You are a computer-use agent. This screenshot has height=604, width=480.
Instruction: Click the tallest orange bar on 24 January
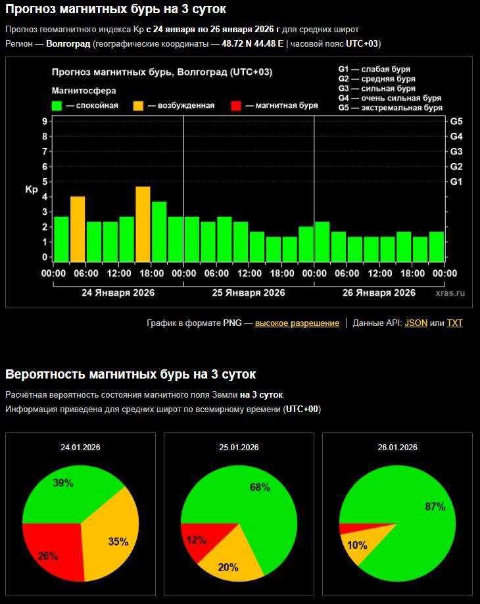pos(143,223)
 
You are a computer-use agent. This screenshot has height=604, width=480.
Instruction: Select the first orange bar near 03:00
pos(78,229)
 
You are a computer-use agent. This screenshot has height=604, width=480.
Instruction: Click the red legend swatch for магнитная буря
pos(237,105)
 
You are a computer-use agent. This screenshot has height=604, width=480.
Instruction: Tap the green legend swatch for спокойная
pos(57,105)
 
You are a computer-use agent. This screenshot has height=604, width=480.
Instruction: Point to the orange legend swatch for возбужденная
pos(139,105)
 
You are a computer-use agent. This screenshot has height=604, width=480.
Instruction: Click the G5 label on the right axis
pos(456,122)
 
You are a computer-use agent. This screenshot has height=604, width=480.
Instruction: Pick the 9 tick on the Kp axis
pos(44,122)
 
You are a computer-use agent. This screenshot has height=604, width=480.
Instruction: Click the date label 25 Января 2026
pos(249,292)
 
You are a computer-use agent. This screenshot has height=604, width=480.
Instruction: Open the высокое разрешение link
pos(297,323)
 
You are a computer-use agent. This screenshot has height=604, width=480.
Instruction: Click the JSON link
pos(416,323)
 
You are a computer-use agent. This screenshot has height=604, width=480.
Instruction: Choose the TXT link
pos(455,323)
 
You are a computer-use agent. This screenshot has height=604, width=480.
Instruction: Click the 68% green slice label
pos(260,487)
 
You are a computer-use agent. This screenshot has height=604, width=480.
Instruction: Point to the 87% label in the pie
pos(435,507)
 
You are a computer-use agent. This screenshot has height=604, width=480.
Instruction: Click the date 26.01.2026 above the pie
pos(397,447)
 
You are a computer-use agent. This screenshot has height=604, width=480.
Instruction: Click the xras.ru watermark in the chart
pos(449,292)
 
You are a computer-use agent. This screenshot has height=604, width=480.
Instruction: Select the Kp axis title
pos(32,189)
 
